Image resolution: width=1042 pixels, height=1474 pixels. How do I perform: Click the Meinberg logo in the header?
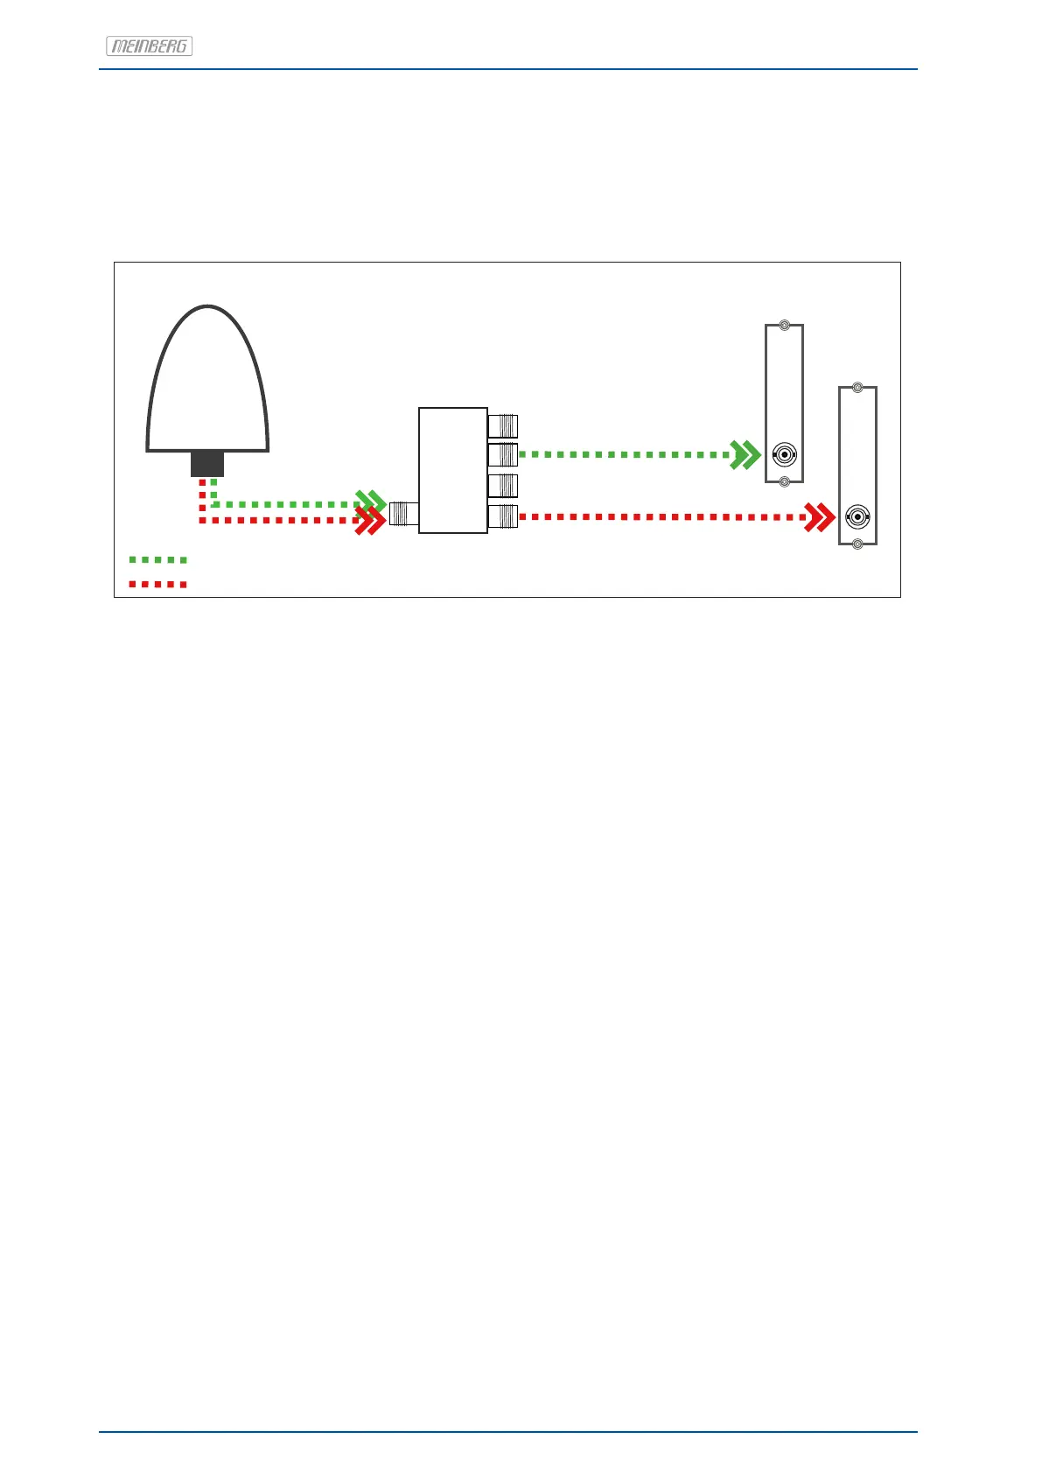coord(149,46)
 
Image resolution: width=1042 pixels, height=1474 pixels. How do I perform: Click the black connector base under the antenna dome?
coord(207,464)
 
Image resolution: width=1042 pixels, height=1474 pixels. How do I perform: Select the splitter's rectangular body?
coord(452,470)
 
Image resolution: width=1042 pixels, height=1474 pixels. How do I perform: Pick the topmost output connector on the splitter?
coord(502,425)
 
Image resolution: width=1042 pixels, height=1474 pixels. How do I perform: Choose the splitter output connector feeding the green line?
coord(502,455)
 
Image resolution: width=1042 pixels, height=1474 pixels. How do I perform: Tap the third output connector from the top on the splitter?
coord(502,485)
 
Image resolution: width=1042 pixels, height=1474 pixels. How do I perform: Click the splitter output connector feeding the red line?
coord(502,516)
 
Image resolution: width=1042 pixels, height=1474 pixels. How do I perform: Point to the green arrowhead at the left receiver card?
coord(746,455)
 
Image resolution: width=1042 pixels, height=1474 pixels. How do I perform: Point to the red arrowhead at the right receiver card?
coord(820,517)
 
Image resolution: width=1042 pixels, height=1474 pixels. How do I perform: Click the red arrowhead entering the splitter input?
coord(370,522)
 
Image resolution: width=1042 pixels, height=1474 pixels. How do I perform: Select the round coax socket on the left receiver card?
coord(784,455)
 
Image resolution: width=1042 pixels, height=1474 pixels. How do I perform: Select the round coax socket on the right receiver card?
coord(857,517)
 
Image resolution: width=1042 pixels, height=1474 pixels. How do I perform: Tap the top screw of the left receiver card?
coord(785,326)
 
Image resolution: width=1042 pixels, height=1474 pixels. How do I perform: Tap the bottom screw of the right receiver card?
coord(858,544)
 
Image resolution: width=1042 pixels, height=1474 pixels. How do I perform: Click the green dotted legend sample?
coord(157,559)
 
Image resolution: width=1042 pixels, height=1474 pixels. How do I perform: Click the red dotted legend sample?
coord(157,584)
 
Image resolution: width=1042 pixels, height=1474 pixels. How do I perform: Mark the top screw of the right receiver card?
coord(858,388)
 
